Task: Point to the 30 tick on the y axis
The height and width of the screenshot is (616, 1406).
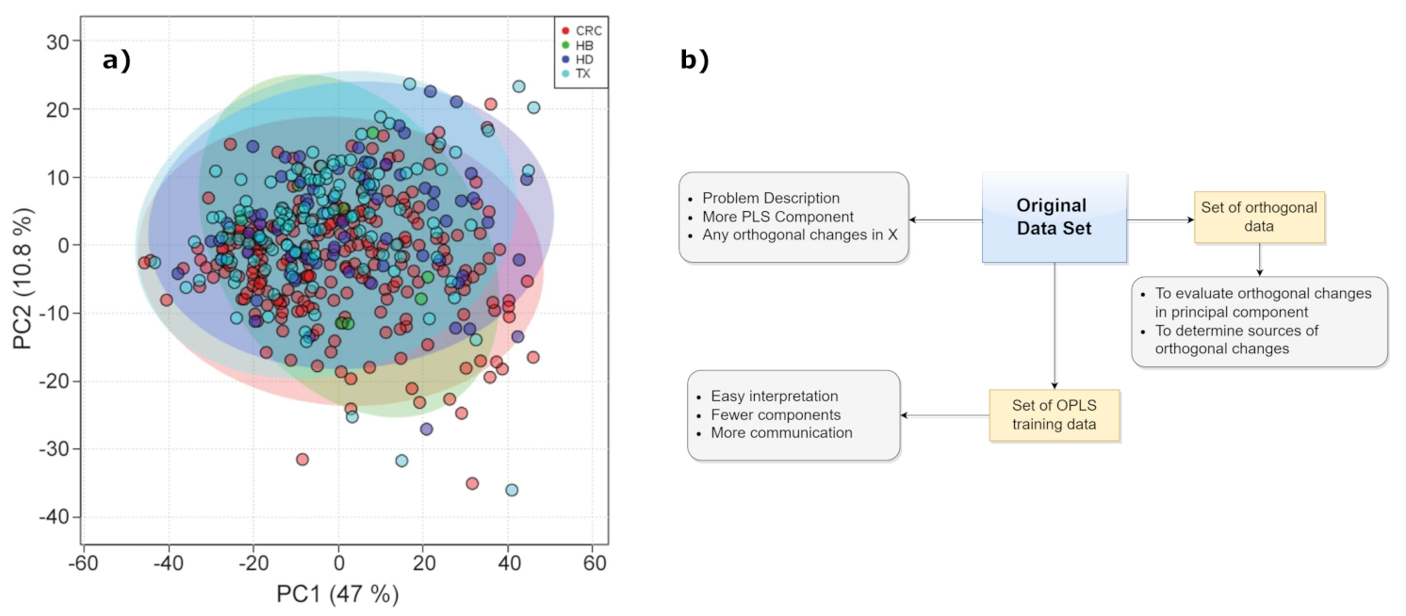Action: [x=58, y=41]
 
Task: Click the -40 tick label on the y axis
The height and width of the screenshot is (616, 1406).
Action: [x=53, y=517]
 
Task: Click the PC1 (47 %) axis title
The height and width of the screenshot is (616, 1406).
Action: [x=336, y=594]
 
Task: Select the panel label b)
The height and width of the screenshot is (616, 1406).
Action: [x=695, y=61]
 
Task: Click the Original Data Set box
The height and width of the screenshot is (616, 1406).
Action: [x=1054, y=218]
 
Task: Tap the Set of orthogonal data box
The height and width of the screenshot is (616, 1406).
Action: [x=1259, y=217]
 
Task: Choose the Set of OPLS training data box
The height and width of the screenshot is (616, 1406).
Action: [x=1054, y=414]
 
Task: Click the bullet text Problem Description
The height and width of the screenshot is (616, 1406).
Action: [x=770, y=198]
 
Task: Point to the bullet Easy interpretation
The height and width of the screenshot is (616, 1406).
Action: [x=774, y=397]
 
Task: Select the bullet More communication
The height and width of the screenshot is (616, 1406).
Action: [x=781, y=432]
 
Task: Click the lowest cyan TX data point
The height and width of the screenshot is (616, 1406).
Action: [x=512, y=490]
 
